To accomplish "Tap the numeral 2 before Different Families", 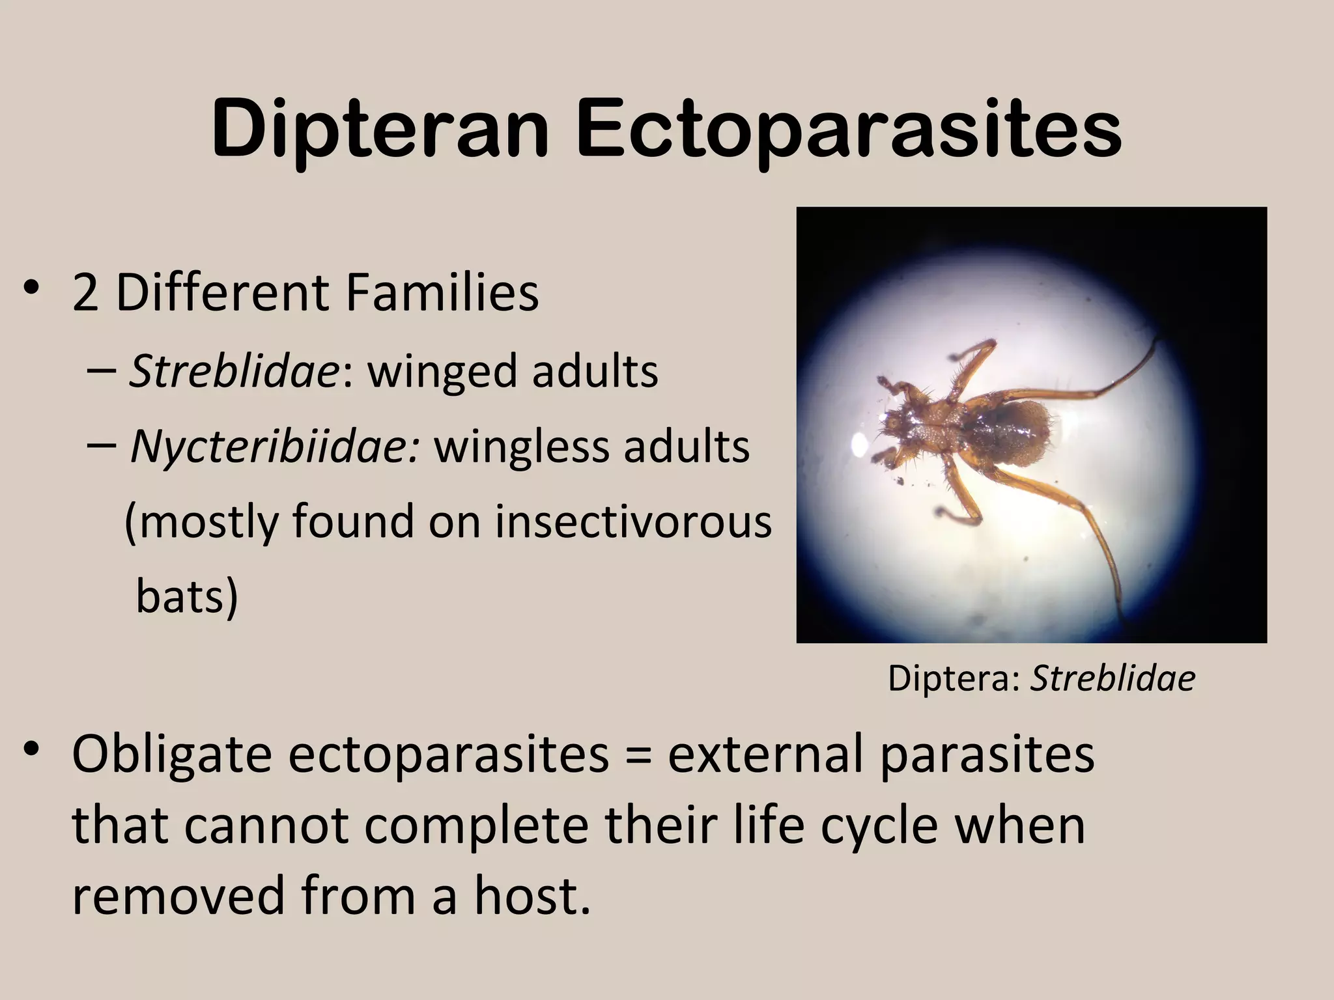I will tap(85, 293).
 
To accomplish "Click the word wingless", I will tap(522, 447).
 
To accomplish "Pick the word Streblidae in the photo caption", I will tap(1113, 678).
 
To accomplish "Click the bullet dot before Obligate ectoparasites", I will tap(31, 750).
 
